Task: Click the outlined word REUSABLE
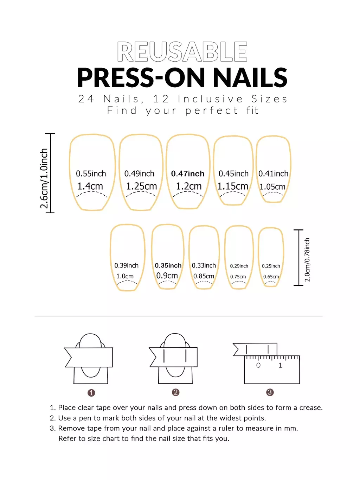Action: [x=182, y=52]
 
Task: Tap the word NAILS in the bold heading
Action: [x=250, y=78]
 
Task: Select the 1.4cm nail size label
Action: [x=90, y=186]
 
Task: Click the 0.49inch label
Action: [x=139, y=173]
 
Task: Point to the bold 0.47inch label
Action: [x=188, y=173]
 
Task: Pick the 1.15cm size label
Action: [x=233, y=186]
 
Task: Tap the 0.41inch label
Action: [x=273, y=173]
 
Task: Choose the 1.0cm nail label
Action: [x=125, y=276]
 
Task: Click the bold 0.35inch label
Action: [x=168, y=265]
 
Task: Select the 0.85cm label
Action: [x=204, y=276]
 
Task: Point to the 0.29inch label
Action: [x=239, y=266]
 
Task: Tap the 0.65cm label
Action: [x=271, y=277]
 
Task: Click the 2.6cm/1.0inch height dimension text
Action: [x=44, y=178]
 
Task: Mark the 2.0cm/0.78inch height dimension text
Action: [x=307, y=260]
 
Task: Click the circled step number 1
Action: [x=91, y=393]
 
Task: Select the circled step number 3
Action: [x=270, y=392]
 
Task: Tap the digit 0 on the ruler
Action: [x=258, y=365]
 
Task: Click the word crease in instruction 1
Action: [x=311, y=408]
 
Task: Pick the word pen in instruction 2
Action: [x=85, y=418]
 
